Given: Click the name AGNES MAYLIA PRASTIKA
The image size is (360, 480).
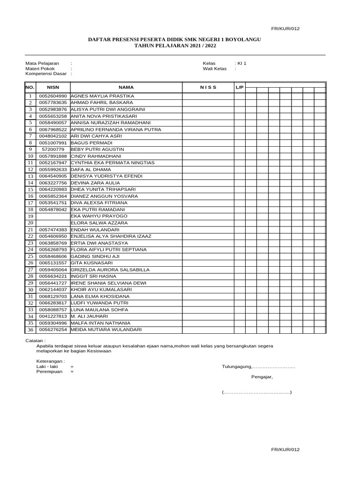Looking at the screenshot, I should click(102, 96).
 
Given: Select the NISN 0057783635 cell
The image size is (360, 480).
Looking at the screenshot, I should click(53, 103).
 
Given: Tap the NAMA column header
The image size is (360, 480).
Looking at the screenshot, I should click(126, 87).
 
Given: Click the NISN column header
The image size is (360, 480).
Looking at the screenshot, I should click(53, 87).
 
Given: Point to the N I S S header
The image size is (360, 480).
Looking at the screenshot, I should click(208, 87).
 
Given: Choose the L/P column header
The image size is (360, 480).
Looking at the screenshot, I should click(239, 87).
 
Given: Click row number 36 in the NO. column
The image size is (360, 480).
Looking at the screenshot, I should click(30, 330).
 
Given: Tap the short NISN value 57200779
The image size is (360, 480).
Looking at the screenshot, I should click(55, 150).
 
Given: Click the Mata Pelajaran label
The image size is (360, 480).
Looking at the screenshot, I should click(42, 63).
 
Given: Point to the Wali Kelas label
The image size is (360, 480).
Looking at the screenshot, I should click(214, 68).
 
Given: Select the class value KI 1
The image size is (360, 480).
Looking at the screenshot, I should click(241, 63).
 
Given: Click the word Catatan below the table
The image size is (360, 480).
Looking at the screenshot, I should click(35, 341).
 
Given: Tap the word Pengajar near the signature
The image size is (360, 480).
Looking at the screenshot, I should click(262, 377).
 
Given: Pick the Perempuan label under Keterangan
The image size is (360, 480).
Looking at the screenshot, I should click(49, 372).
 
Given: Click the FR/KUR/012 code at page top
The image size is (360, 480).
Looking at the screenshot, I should click(285, 29).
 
